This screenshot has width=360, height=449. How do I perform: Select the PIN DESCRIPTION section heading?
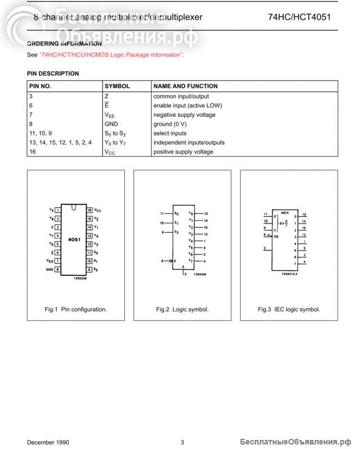[x=53, y=74]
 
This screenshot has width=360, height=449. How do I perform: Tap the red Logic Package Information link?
[x=111, y=55]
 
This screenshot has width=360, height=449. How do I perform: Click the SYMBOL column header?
[x=117, y=87]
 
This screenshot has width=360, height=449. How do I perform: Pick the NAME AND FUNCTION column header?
[x=185, y=87]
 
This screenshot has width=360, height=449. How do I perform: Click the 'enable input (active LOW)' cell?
[x=188, y=106]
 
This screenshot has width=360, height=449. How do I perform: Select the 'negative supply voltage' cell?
[x=184, y=115]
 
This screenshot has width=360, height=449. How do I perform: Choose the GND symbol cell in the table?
[x=111, y=124]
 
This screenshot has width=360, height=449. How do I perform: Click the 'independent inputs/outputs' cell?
[x=189, y=143]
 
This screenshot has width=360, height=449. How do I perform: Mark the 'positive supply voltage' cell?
[x=183, y=152]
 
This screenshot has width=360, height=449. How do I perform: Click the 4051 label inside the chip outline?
[x=74, y=239]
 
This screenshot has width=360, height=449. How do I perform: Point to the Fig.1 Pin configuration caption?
[x=76, y=309]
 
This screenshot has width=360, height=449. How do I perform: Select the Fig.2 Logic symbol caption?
[x=182, y=309]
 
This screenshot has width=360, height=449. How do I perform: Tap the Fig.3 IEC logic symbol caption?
[x=289, y=309]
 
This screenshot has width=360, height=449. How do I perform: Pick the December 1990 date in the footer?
[x=48, y=442]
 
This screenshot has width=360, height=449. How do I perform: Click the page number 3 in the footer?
[x=182, y=442]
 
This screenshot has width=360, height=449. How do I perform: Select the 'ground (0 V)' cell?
[x=170, y=124]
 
